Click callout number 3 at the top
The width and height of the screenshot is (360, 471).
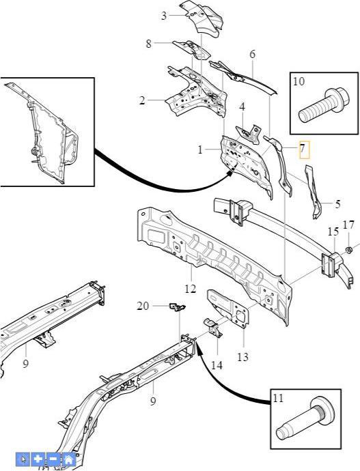click(164, 16)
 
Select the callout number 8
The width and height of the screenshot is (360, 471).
click(148, 44)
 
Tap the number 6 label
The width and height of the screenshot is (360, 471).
click(253, 55)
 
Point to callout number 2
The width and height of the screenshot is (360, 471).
click(142, 100)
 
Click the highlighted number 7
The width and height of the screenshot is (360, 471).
click(303, 148)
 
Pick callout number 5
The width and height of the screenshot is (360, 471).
click(337, 204)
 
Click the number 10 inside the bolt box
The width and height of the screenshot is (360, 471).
click(299, 81)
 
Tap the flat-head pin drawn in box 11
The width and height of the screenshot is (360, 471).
click(305, 421)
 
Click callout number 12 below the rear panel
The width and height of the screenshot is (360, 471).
click(190, 289)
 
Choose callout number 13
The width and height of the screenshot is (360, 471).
click(243, 357)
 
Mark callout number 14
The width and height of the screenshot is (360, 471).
click(217, 365)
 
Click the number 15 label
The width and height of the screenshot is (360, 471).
click(333, 231)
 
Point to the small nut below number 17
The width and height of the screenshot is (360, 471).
click(349, 250)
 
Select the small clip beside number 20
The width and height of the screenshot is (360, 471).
click(178, 307)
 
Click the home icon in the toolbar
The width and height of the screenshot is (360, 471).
click(68, 459)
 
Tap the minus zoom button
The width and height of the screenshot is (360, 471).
click(53, 459)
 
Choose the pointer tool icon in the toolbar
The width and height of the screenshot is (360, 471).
click(23, 459)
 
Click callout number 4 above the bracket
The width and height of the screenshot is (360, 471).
click(243, 106)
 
